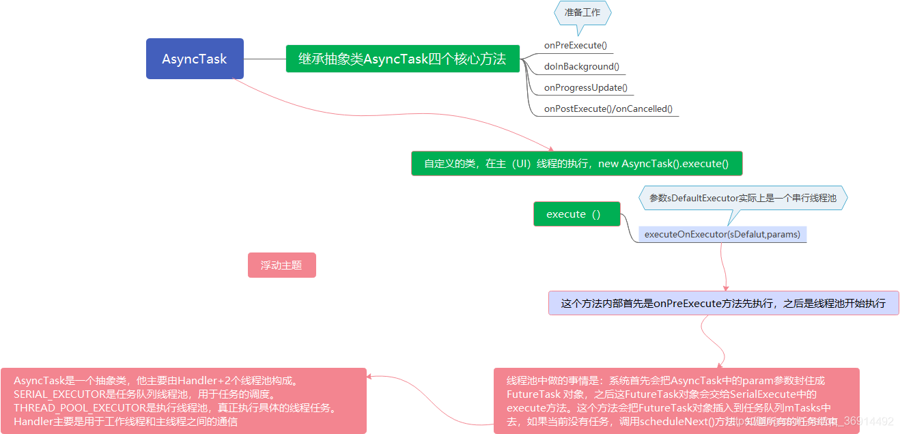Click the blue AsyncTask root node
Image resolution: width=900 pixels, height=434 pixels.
coord(195,59)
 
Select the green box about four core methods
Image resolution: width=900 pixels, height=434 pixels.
coord(402,59)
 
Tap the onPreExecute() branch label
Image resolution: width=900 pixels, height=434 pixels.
coord(575,46)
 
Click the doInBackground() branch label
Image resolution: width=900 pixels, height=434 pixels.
coord(581,67)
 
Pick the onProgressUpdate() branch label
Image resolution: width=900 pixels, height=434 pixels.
coord(585,88)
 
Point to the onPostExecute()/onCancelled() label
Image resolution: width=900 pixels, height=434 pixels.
coord(608,109)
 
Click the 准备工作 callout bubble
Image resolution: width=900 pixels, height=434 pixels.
coord(582,13)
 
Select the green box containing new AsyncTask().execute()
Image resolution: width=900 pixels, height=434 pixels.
coord(576,164)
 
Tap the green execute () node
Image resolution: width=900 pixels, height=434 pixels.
coord(576,214)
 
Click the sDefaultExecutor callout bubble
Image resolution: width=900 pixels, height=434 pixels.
coord(742,198)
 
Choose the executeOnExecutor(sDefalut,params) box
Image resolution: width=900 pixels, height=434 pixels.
coord(722,234)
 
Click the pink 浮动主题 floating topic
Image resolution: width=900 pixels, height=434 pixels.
coord(281,265)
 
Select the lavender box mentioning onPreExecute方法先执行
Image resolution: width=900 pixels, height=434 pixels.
coord(723,303)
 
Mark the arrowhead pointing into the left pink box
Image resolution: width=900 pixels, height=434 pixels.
coord(371,375)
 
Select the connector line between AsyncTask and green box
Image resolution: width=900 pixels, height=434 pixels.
coord(264,59)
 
